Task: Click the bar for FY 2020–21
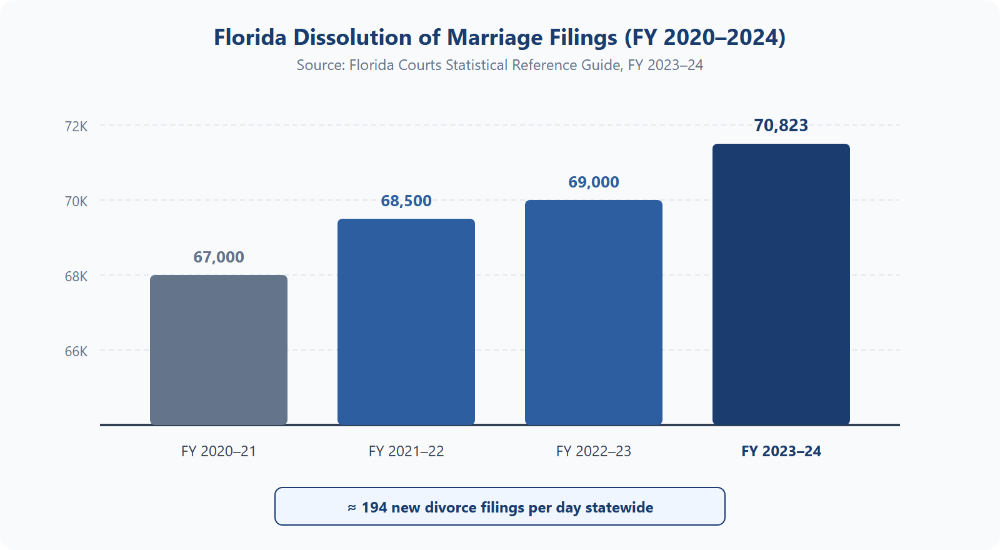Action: [x=219, y=350]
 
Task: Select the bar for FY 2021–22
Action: [x=406, y=322]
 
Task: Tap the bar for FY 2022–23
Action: [x=594, y=312]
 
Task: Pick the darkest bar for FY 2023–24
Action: [x=781, y=284]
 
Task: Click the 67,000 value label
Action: [x=219, y=257]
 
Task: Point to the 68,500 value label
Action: [x=406, y=201]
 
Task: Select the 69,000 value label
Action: [x=594, y=182]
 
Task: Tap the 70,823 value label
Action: [x=781, y=126]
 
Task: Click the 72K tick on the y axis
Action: [x=76, y=126]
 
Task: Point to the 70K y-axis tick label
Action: [x=76, y=201]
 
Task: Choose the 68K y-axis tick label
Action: [x=76, y=276]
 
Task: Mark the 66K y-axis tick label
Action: [x=76, y=351]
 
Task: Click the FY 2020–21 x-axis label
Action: [x=219, y=451]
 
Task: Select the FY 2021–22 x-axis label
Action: [x=406, y=451]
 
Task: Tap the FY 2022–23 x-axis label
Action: [x=594, y=451]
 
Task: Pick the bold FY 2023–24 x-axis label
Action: [x=781, y=451]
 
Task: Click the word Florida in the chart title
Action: [x=250, y=37]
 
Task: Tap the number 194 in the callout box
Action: [x=374, y=507]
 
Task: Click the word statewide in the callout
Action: [x=619, y=507]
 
